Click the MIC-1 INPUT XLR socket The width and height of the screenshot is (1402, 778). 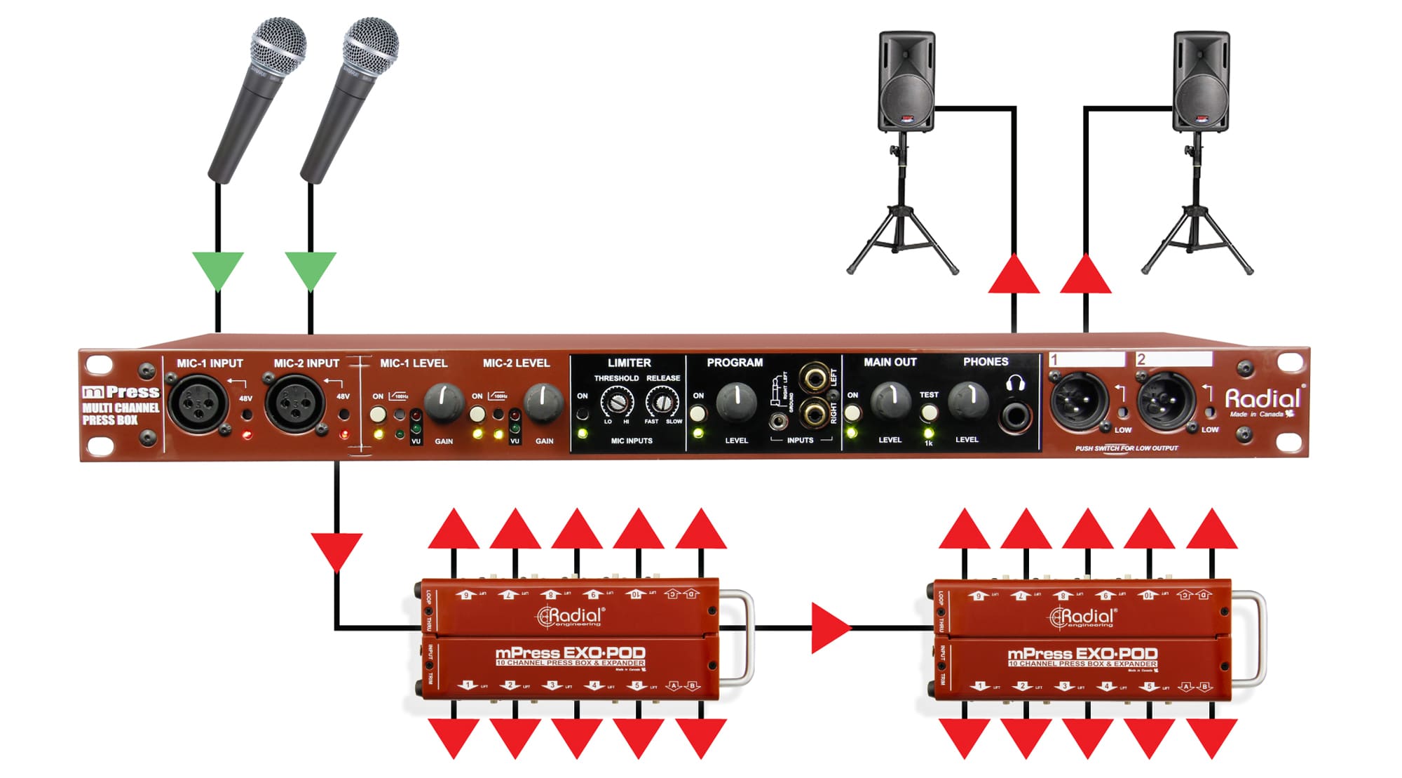pos(198,403)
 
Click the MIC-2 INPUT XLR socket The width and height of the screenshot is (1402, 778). pos(295,403)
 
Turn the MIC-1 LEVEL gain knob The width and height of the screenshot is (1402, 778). pos(443,402)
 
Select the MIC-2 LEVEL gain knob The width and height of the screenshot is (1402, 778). pos(543,402)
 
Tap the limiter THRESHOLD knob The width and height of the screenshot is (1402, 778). pos(617,403)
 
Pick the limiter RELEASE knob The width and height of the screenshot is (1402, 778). pos(662,403)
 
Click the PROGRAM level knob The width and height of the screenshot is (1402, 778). pos(736,401)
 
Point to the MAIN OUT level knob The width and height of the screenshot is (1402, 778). pos(890,401)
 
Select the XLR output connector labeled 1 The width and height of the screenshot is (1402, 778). pos(1079,401)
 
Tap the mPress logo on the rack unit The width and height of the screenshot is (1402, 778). pos(121,392)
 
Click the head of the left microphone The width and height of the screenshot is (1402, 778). pos(278,47)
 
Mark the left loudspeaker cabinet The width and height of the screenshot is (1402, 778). pos(906,81)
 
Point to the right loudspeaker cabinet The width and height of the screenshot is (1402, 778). pos(1201,81)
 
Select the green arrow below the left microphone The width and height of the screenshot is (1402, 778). pos(218,269)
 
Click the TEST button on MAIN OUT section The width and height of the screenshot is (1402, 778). pos(929,412)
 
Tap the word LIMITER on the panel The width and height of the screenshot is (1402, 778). pos(629,363)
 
